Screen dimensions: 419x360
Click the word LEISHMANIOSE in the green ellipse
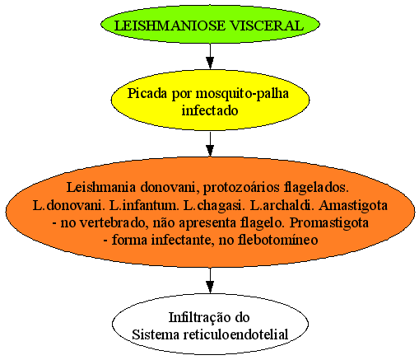170,26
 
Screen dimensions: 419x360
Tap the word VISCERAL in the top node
267,26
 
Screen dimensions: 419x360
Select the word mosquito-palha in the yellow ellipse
242,94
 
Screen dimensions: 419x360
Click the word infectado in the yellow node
210,110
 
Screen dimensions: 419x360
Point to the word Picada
147,94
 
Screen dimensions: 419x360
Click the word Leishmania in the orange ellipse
101,187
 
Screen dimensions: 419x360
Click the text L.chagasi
213,206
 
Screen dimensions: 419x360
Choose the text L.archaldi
282,205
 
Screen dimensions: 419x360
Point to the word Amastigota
353,206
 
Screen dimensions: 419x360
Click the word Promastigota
329,223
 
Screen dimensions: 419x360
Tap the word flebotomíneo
277,240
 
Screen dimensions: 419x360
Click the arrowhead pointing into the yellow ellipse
210,63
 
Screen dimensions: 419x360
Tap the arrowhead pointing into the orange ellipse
210,151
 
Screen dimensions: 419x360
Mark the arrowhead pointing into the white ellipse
210,287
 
